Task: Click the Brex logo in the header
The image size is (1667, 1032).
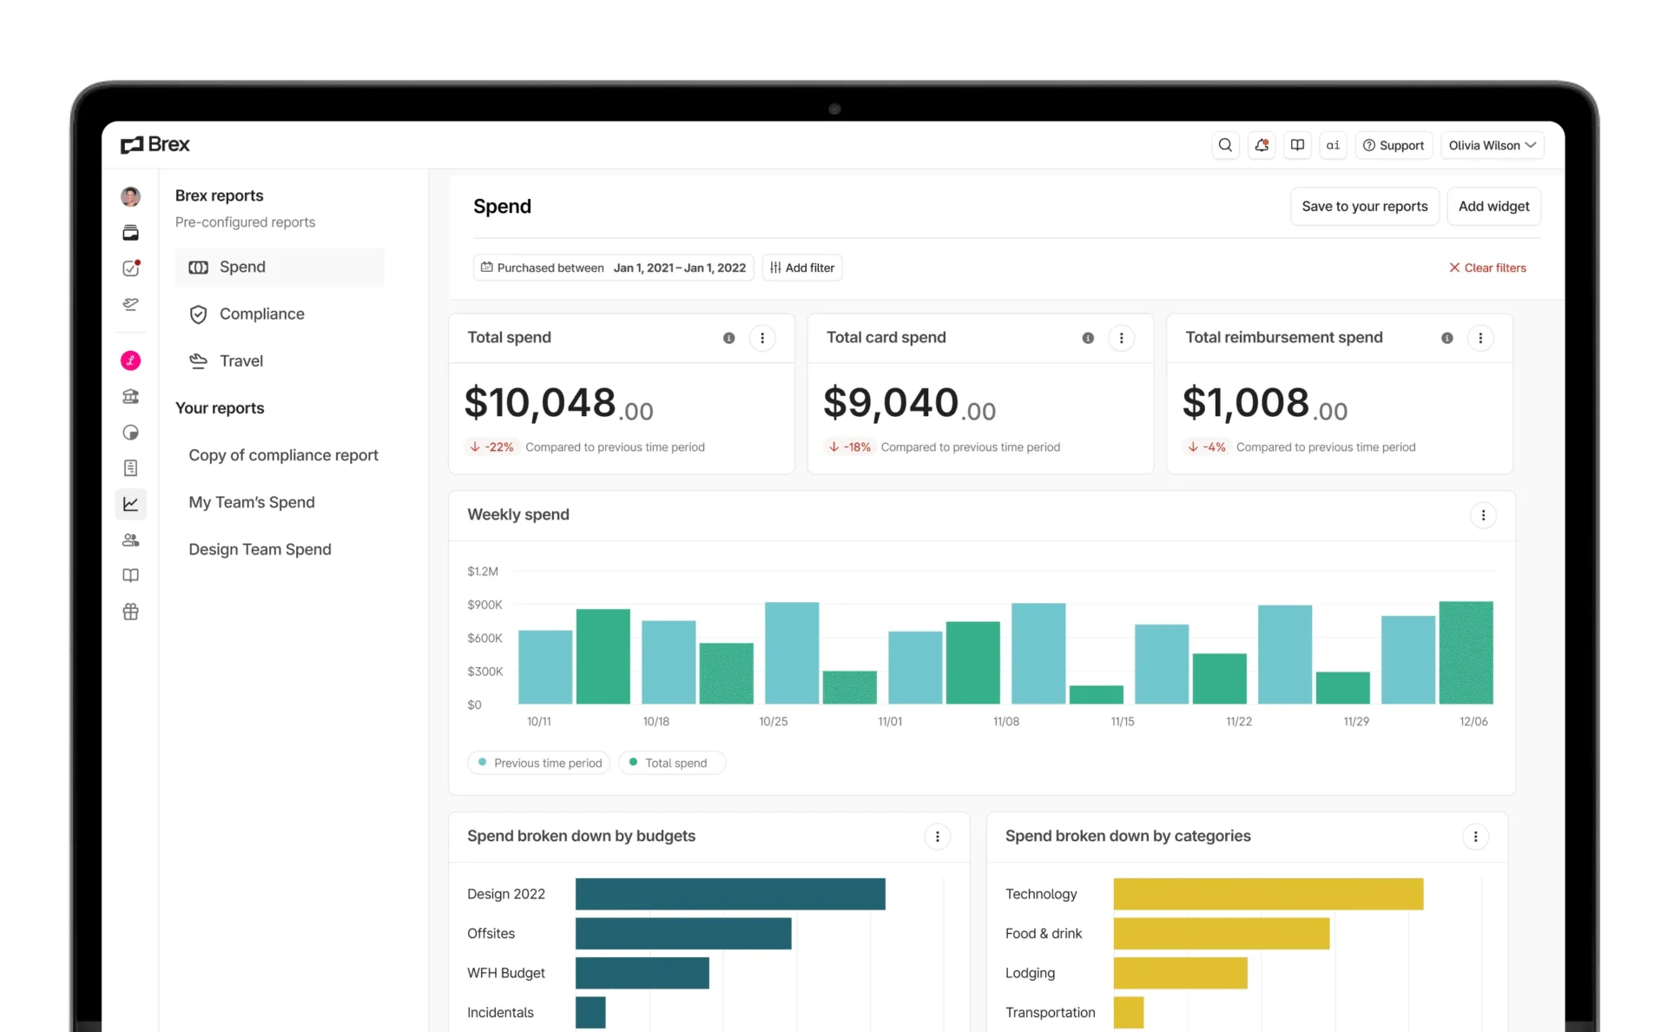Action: [x=155, y=144]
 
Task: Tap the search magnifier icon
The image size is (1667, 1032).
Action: [x=1225, y=145]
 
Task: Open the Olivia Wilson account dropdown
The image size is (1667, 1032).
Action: [x=1492, y=145]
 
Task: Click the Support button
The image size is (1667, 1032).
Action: [x=1394, y=145]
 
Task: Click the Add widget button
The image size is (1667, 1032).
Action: [x=1493, y=206]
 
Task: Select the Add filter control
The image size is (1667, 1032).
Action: [x=802, y=268]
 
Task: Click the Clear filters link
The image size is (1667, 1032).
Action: [x=1487, y=268]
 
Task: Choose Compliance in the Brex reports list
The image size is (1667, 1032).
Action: [x=261, y=314]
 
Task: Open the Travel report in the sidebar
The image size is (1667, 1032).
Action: [x=240, y=361]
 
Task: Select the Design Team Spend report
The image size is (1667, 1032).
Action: [x=260, y=549]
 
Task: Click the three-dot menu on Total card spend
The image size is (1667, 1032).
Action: [x=1121, y=338]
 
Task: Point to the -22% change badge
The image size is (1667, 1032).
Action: [x=491, y=447]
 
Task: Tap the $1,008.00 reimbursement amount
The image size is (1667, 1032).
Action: [x=1264, y=404]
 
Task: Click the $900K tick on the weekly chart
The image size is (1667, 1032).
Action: [x=484, y=605]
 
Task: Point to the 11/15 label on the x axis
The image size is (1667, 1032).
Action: [x=1123, y=722]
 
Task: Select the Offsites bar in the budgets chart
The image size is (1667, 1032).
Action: [x=683, y=934]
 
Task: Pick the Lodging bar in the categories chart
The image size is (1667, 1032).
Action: [x=1180, y=973]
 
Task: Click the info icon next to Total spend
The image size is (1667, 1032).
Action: [x=729, y=338]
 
